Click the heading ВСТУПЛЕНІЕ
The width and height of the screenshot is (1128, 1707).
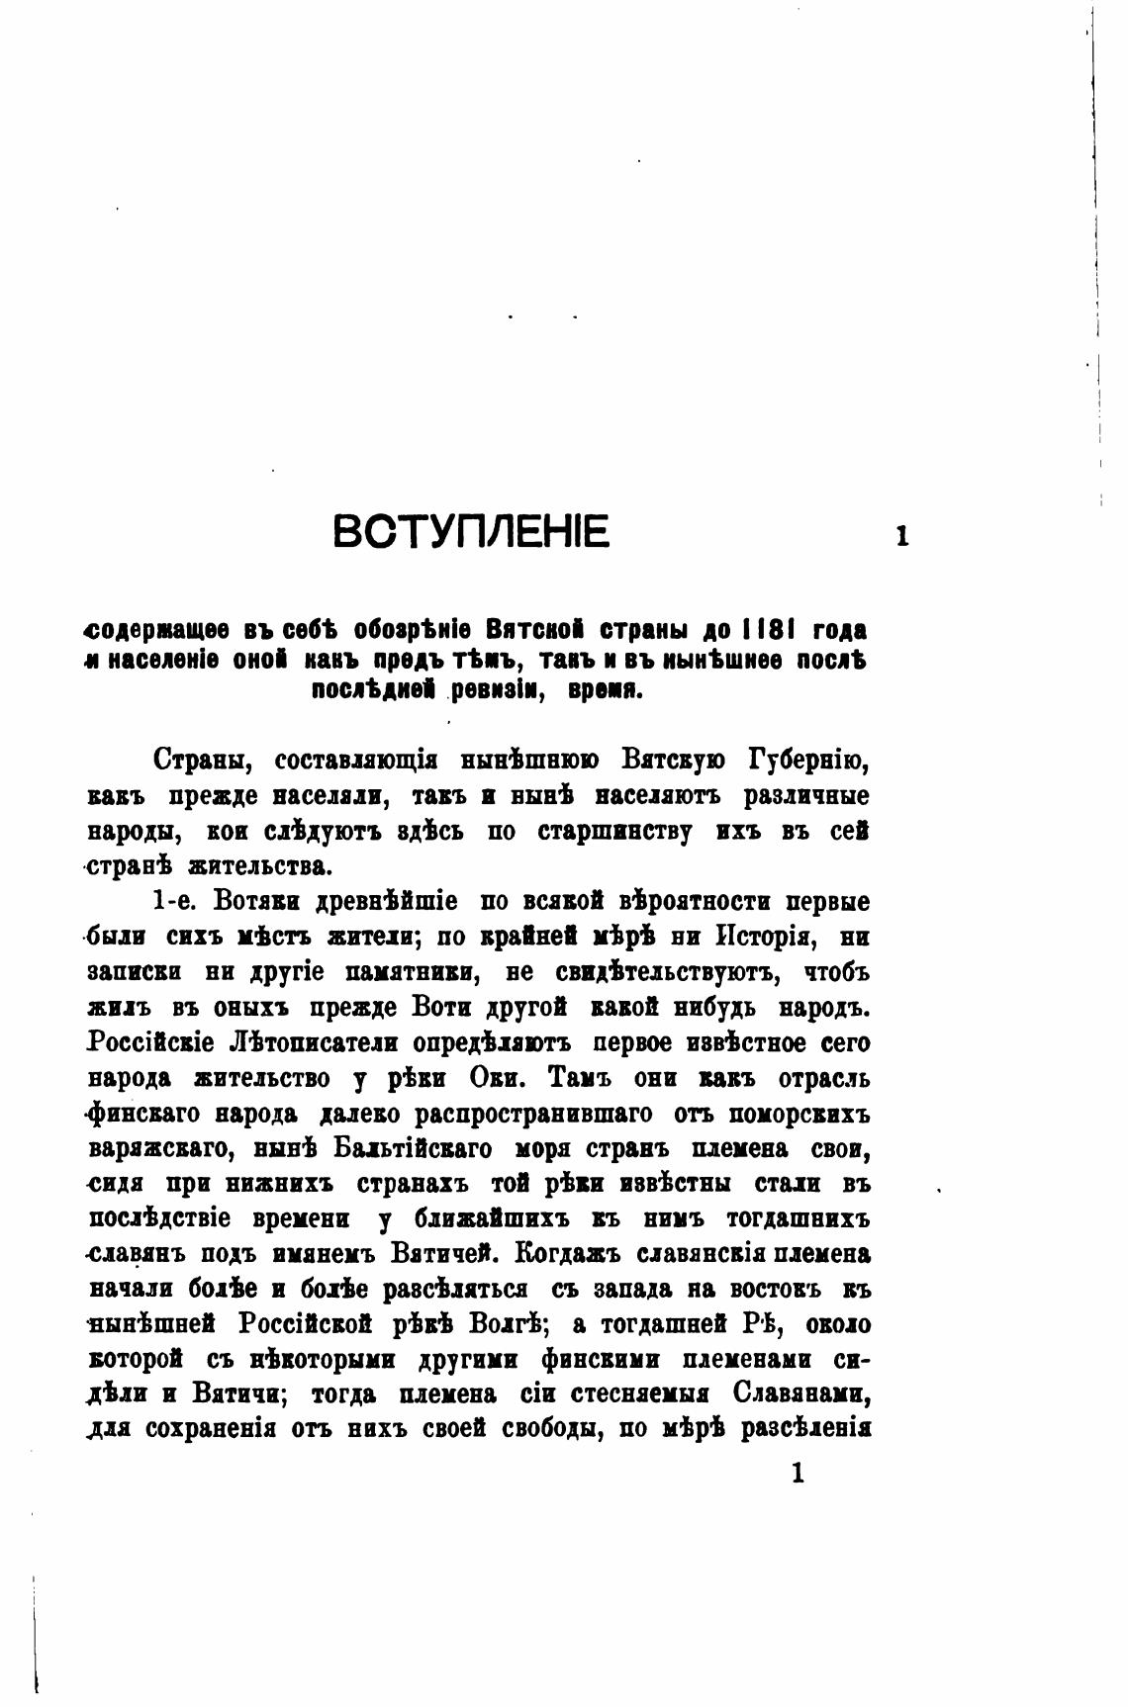pos(471,533)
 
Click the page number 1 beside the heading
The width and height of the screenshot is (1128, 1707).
pos(901,537)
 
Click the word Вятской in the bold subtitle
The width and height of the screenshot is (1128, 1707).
pos(534,630)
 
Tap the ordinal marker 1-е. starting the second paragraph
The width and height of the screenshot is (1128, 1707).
pos(174,902)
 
